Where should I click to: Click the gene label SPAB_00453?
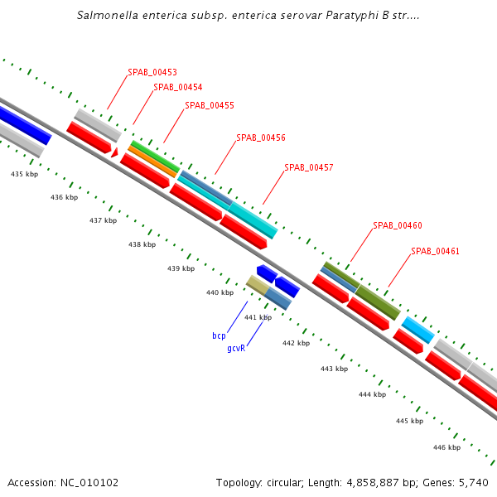pyautogui.click(x=152, y=73)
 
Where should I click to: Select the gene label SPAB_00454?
pyautogui.click(x=178, y=88)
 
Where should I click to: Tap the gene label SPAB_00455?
pyautogui.click(x=210, y=106)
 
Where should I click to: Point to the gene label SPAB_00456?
pyautogui.click(x=261, y=138)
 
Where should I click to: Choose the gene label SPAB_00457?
pyautogui.click(x=309, y=168)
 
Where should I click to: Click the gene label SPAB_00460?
pyautogui.click(x=398, y=226)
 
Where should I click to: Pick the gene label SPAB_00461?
pyautogui.click(x=436, y=252)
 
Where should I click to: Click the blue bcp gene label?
pyautogui.click(x=219, y=336)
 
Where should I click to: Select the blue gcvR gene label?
pyautogui.click(x=236, y=350)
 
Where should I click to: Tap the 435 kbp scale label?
pyautogui.click(x=25, y=175)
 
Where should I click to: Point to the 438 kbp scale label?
pyautogui.click(x=142, y=245)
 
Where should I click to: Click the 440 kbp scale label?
pyautogui.click(x=220, y=293)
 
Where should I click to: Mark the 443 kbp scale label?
pyautogui.click(x=334, y=369)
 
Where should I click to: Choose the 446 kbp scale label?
pyautogui.click(x=446, y=448)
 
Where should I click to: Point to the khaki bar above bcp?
pyautogui.click(x=258, y=286)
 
